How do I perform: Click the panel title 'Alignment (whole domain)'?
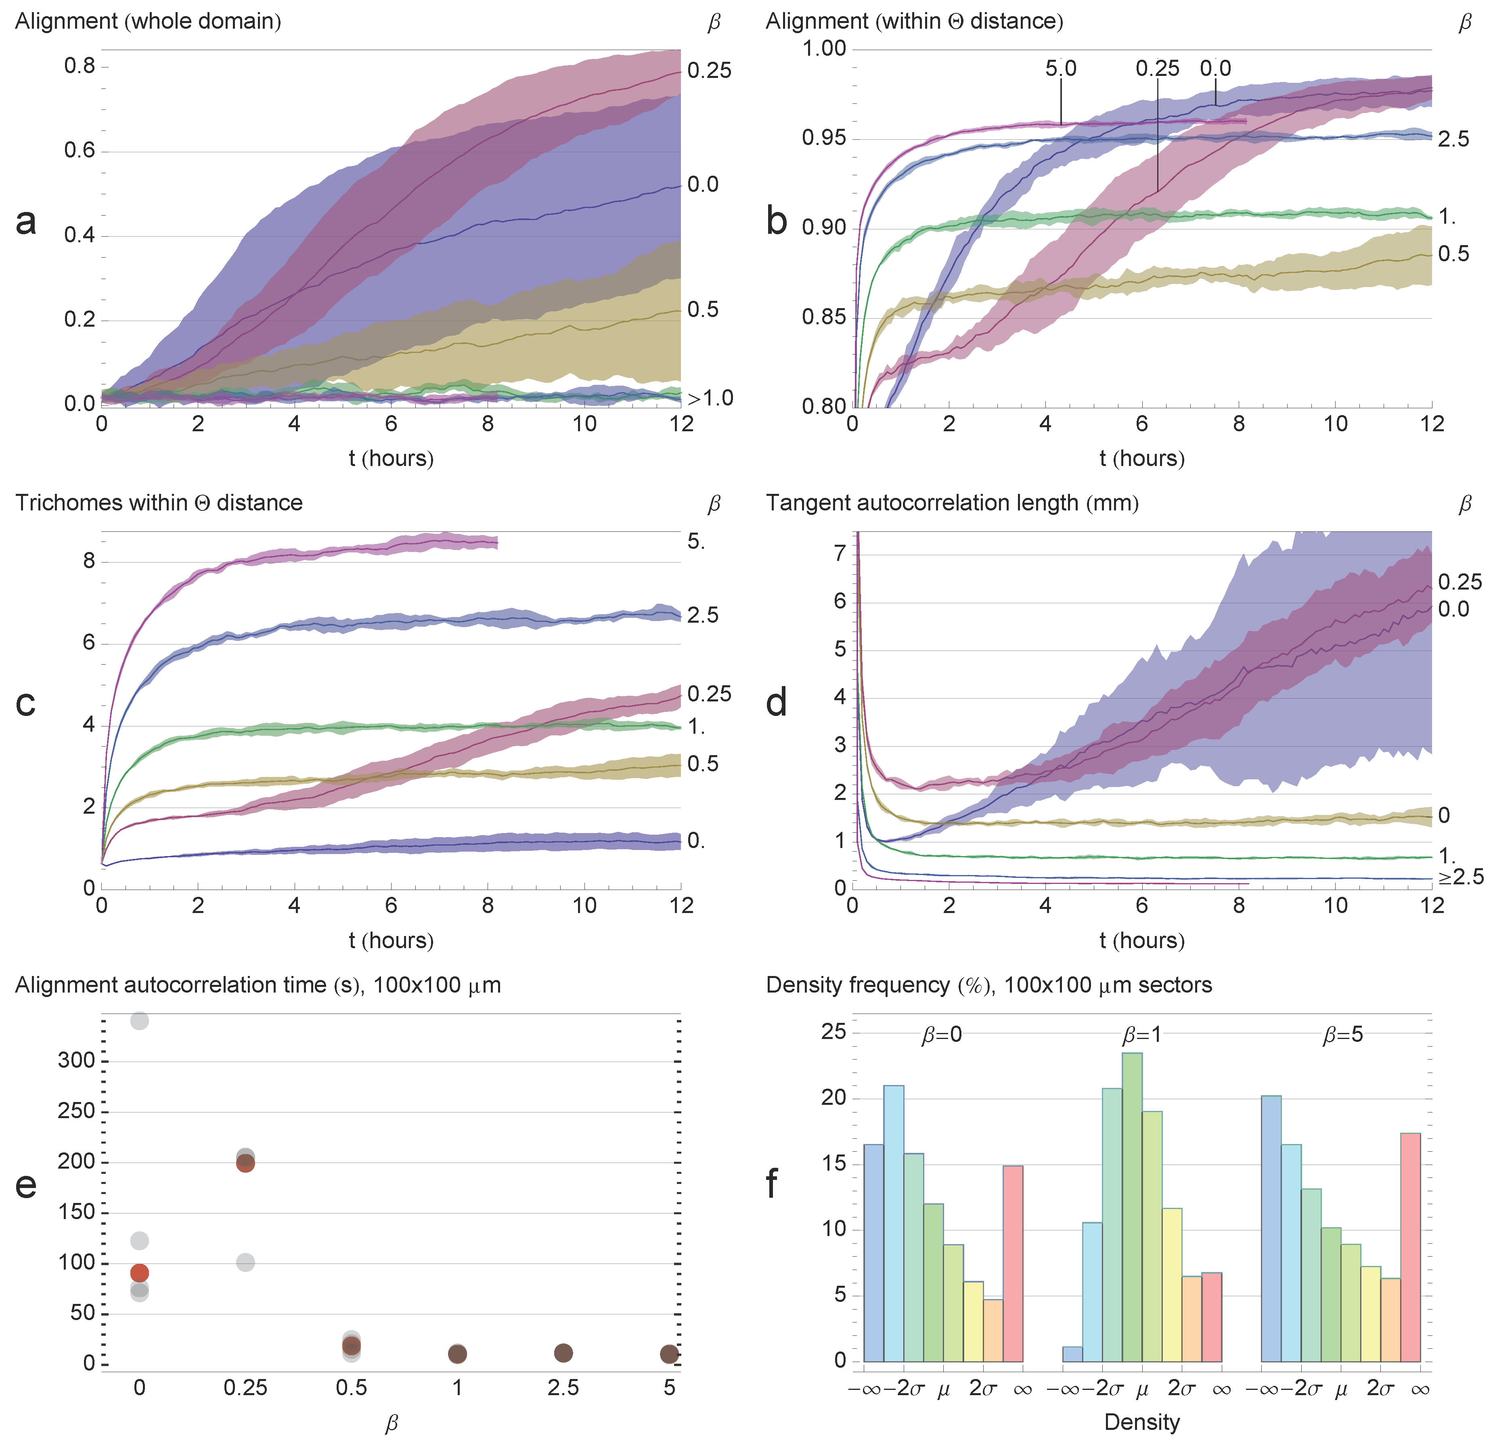149,21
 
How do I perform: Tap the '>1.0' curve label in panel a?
710,398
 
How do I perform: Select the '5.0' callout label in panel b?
1060,69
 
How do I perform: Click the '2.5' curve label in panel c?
702,615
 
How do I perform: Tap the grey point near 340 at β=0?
139,1020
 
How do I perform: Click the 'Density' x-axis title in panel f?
1142,1421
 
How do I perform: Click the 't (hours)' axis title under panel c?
391,940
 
